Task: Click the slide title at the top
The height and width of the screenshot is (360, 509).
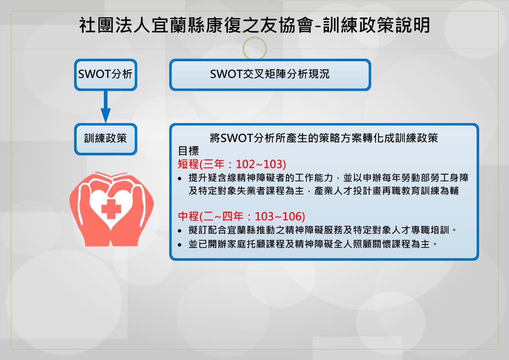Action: point(255,25)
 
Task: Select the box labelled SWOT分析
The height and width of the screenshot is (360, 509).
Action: point(106,74)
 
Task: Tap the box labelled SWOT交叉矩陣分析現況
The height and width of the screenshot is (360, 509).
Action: point(270,75)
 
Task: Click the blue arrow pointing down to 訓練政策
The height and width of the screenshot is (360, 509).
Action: point(106,107)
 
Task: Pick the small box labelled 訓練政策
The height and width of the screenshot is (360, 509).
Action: point(106,139)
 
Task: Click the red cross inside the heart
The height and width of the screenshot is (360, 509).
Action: point(111,209)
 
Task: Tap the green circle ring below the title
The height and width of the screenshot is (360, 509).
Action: point(255,49)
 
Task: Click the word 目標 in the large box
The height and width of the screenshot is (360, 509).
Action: point(188,151)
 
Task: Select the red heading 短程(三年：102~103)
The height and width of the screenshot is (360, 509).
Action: point(232,164)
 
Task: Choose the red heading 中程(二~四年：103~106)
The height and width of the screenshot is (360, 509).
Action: point(242,216)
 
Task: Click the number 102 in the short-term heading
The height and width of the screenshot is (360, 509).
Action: point(245,164)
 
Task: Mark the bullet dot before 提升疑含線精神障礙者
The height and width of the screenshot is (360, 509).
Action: point(180,179)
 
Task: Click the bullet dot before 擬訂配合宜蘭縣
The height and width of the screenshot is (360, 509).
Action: point(180,231)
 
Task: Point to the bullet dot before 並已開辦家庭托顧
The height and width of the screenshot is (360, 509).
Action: point(180,244)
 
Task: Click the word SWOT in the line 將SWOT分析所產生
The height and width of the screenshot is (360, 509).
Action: point(237,138)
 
